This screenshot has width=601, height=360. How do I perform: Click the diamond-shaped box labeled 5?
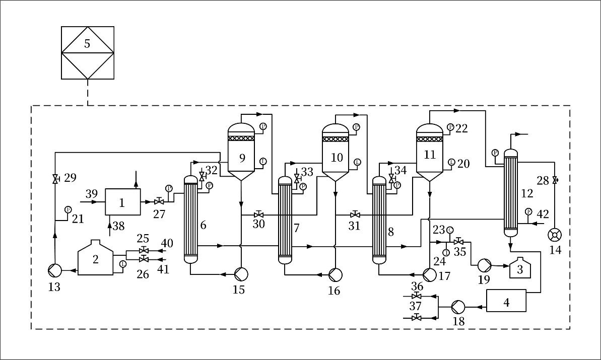(87, 52)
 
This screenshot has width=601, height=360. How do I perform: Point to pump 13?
(54, 271)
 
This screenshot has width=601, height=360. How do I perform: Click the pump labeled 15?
(241, 274)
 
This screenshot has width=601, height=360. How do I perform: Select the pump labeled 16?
(335, 274)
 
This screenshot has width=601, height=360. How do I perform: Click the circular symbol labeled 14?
(555, 235)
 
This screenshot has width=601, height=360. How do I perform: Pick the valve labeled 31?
(355, 213)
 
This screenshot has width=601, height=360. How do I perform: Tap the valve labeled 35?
(458, 242)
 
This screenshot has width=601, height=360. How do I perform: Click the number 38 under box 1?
(119, 227)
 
